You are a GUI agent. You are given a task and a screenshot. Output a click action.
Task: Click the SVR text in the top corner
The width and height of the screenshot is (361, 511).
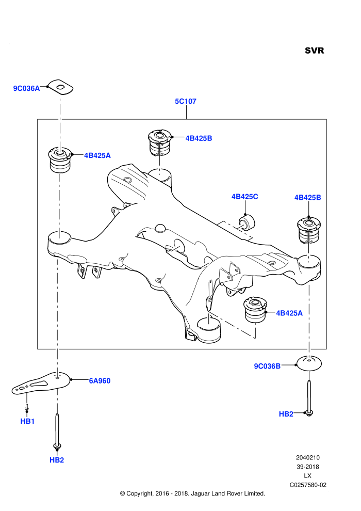pos(314,51)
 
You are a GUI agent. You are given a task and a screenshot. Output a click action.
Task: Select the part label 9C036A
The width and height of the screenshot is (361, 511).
pos(26,88)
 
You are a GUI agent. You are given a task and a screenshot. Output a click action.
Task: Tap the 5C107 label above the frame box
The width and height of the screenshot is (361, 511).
pos(186,101)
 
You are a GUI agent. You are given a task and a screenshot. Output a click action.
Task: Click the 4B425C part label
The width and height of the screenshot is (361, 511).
pos(245,197)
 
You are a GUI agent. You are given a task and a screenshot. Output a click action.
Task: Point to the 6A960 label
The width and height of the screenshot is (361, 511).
pos(100,380)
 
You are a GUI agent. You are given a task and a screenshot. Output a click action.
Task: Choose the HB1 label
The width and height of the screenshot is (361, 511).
pos(27,421)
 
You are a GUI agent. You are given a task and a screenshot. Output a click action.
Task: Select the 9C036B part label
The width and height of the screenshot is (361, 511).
pos(267,366)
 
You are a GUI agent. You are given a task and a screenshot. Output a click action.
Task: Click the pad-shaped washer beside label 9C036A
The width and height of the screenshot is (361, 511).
pos(60,87)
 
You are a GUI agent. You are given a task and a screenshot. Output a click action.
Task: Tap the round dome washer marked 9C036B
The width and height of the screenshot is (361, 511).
pos(309,363)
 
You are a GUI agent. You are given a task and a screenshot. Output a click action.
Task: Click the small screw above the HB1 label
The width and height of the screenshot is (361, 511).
pos(27,407)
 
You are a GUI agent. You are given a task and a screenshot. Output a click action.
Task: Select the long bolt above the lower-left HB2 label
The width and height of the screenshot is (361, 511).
pos(57,431)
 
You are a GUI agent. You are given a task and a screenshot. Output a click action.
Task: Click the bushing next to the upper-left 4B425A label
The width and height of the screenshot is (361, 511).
pos(60,159)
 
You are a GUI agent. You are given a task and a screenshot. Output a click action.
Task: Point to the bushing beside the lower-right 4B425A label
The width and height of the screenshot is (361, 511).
pos(255,309)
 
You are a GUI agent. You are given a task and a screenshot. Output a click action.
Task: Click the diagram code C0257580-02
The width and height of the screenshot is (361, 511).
pos(308,485)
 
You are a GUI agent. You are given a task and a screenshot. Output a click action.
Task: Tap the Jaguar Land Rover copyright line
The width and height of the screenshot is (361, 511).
pos(193,493)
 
